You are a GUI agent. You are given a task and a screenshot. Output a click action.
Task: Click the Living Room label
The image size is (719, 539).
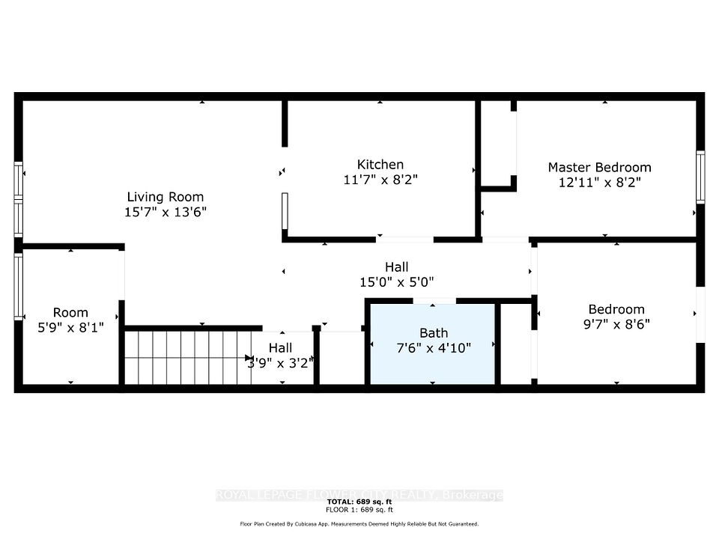pos(165,197)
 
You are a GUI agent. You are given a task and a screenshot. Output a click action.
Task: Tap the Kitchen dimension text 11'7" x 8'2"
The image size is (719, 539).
pos(380,180)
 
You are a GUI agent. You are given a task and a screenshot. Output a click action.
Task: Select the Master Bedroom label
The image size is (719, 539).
pos(599,167)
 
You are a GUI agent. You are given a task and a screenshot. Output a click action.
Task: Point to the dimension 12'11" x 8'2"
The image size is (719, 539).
pos(599,183)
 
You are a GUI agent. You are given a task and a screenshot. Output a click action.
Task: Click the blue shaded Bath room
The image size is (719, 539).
pos(432,344)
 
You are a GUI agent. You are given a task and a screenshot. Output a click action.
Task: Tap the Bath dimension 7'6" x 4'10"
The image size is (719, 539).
pos(434,348)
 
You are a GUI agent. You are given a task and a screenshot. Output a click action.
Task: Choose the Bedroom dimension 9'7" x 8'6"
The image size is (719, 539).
pos(616,324)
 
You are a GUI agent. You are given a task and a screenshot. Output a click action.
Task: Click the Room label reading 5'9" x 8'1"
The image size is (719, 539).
pos(70,327)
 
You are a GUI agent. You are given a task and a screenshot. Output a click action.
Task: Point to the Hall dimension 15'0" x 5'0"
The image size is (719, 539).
pos(396,282)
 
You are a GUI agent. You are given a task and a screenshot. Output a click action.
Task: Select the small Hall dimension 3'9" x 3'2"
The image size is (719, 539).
pos(280,363)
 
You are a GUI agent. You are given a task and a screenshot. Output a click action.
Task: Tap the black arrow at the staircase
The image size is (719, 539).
pos(249,358)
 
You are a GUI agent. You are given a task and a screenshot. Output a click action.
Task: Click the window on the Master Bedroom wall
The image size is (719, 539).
pos(700,177)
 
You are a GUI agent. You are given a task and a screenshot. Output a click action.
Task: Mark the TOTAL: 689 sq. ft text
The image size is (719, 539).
pos(359,502)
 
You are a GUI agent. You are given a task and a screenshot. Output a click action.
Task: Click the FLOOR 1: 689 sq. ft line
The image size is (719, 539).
pos(359,510)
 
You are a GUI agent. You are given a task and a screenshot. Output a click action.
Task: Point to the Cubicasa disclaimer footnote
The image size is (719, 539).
pos(359,524)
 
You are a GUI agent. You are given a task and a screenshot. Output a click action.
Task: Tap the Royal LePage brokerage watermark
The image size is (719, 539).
pos(359,495)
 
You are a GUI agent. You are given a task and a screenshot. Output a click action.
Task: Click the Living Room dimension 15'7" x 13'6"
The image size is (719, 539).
pos(166,212)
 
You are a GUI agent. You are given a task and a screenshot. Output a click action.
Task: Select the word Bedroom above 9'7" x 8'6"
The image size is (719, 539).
pos(616,309)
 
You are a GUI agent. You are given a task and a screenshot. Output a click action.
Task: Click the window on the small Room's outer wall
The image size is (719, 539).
pos(18,287)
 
